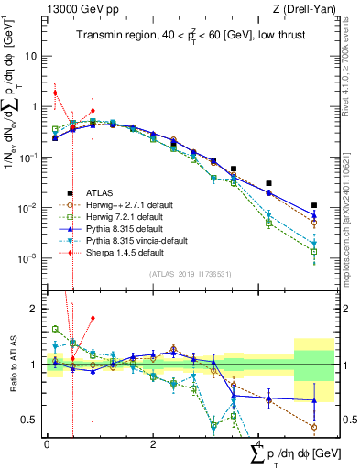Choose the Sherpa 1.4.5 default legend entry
[x=119, y=252]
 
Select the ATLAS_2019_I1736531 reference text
[x=183, y=274]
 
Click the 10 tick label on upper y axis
[x=32, y=55]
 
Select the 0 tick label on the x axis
[x=47, y=443]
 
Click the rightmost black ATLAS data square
[x=313, y=206]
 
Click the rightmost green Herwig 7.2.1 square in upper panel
[x=313, y=251]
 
